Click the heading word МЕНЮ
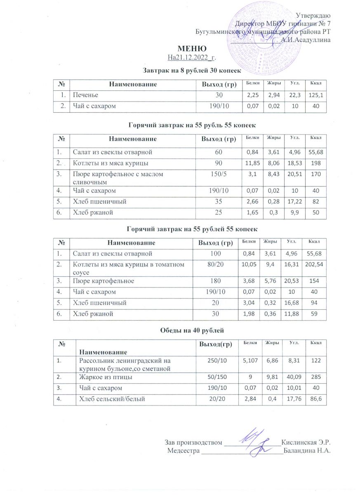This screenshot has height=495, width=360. pyautogui.click(x=192, y=49)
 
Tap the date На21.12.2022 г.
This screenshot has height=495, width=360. pyautogui.click(x=192, y=57)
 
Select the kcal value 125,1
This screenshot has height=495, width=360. pyautogui.click(x=315, y=96)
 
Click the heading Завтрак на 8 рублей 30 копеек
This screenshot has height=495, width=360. pyautogui.click(x=192, y=71)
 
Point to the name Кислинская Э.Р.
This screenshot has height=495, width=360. pyautogui.click(x=306, y=443)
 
